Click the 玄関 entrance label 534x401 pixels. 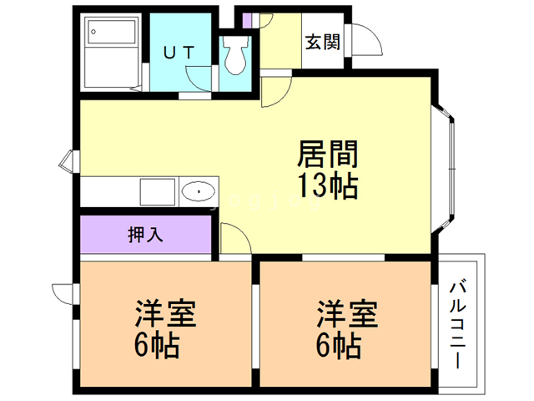321,42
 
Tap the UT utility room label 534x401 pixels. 179,52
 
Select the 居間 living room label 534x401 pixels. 327,155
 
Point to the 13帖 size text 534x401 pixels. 327,185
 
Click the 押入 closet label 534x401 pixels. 146,235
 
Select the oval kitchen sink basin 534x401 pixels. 198,191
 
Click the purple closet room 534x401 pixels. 146,235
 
